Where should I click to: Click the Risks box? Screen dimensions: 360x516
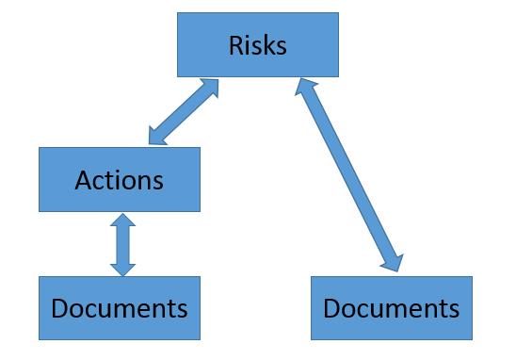(x=257, y=44)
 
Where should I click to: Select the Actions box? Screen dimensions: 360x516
(x=119, y=179)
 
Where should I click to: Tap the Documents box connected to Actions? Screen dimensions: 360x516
(x=119, y=307)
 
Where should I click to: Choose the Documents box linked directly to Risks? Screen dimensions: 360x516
(x=390, y=307)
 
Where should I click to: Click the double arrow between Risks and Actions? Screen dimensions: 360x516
(x=184, y=112)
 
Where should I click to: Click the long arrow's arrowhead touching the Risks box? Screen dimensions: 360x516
(x=301, y=89)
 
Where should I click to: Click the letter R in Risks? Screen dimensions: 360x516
(x=234, y=44)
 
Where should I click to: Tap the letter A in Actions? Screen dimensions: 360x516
(x=83, y=179)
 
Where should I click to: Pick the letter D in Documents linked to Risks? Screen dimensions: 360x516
(x=331, y=308)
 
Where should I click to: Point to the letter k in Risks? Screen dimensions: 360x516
(x=266, y=44)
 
